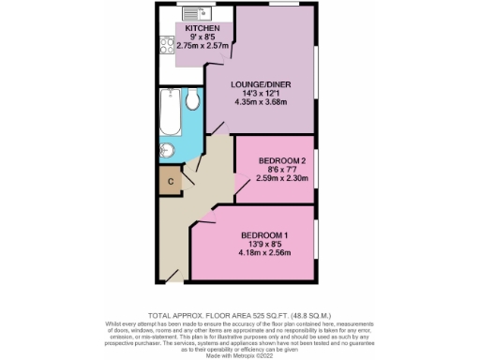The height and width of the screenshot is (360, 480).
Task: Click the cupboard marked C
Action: tap(171, 181)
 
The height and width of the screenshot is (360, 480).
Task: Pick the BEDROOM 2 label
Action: tap(282, 160)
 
